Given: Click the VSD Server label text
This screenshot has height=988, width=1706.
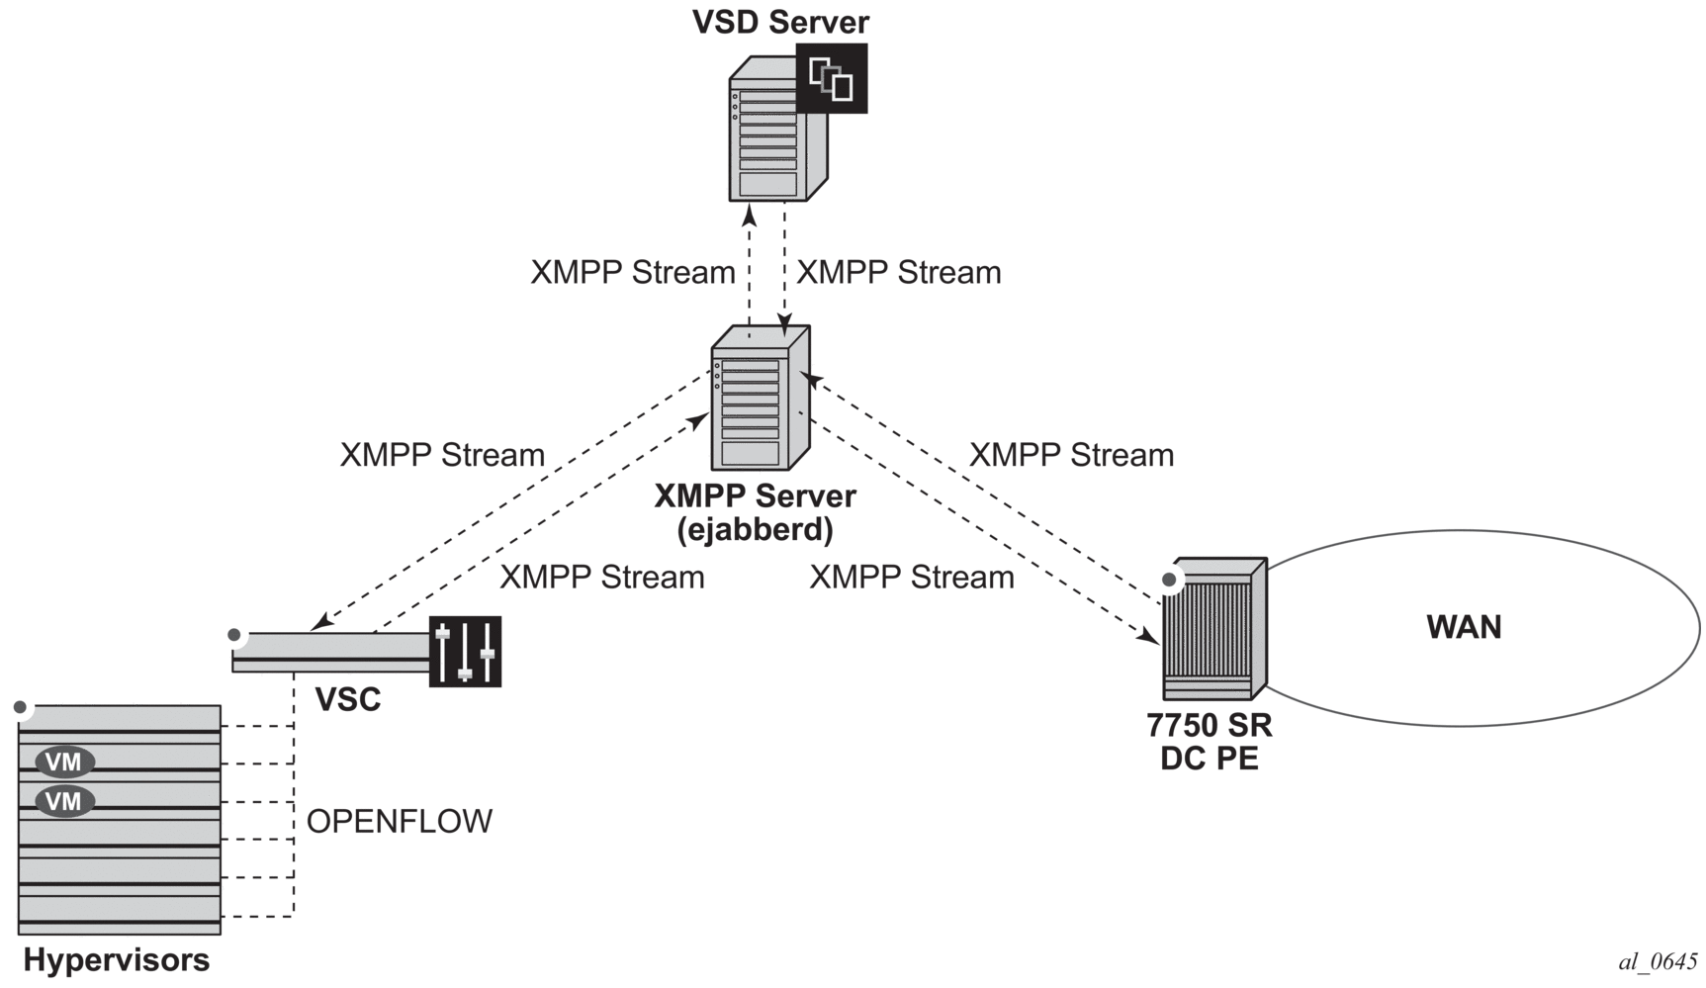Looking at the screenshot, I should point(780,22).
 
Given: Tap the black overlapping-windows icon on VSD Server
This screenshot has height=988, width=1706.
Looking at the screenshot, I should point(832,78).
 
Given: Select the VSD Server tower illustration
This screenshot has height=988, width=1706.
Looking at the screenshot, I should point(769,138).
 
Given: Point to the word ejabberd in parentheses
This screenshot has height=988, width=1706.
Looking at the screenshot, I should point(756,530).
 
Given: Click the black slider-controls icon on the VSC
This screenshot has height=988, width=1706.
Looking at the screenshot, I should point(465,651).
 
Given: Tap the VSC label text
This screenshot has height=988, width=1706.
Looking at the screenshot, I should point(348,700).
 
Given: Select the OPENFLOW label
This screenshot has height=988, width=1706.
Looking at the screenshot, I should point(400,821).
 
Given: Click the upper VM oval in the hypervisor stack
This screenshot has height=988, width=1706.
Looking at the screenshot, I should point(64,762).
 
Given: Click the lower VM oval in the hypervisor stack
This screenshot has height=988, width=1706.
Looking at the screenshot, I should point(64,800).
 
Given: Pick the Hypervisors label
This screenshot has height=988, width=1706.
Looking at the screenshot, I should point(117,960).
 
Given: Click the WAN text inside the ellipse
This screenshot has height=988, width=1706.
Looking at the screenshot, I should point(1464,627).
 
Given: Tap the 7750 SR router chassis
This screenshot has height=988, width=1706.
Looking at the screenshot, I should point(1213,629).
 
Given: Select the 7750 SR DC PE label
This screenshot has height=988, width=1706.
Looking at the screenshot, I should point(1210,742).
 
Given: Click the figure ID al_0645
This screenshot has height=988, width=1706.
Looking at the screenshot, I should point(1658,961).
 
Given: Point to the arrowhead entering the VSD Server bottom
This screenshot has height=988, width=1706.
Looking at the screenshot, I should point(750,213).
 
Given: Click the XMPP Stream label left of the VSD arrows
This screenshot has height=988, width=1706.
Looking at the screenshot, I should point(633,273).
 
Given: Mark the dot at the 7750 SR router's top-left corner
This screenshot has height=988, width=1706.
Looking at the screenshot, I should point(1170,580).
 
